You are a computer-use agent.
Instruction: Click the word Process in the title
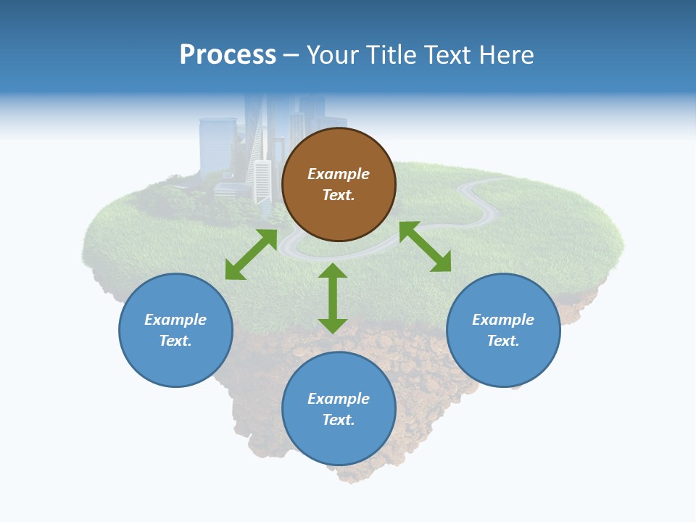[228, 55]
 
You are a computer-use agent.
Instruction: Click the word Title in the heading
[389, 55]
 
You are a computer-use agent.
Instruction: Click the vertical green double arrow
[333, 298]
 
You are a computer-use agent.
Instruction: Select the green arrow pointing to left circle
[251, 254]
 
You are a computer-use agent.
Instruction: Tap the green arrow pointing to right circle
[425, 246]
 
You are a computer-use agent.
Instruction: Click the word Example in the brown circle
[339, 174]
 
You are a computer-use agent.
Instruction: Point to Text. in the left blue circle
[175, 341]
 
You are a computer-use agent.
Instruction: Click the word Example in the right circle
[503, 320]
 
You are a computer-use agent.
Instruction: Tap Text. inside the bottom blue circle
[339, 420]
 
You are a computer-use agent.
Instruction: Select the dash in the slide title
[291, 56]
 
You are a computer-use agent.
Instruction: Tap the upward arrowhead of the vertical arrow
[333, 270]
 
